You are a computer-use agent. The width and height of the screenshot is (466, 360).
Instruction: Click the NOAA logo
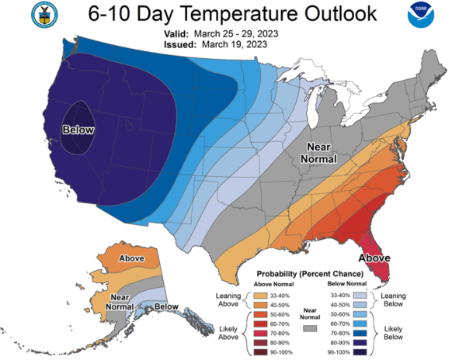click(x=421, y=15)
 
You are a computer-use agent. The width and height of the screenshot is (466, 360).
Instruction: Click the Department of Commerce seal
click(x=44, y=15)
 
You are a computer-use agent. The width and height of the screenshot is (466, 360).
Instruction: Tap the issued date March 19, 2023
click(x=235, y=44)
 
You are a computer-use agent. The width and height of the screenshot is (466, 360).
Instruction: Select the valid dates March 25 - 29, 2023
click(x=236, y=34)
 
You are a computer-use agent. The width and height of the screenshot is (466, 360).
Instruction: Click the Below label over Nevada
click(x=78, y=130)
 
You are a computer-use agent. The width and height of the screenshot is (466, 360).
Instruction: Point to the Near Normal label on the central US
click(x=318, y=153)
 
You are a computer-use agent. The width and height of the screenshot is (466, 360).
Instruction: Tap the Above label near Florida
click(x=374, y=258)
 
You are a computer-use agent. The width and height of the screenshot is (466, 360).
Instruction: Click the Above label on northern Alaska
click(x=131, y=258)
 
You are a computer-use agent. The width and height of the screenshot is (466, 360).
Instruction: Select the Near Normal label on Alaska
click(x=120, y=302)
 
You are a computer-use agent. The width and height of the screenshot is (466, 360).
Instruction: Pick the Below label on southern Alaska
click(x=166, y=306)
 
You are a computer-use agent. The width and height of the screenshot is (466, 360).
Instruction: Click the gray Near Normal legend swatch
click(x=310, y=328)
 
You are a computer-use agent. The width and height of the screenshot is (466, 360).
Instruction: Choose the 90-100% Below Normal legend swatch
click(x=360, y=352)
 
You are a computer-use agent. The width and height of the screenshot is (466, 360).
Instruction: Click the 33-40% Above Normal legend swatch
click(x=260, y=296)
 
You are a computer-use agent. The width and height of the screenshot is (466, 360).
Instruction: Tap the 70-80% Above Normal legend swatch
click(x=260, y=334)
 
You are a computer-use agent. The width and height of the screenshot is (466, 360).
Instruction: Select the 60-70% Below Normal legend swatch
click(x=360, y=324)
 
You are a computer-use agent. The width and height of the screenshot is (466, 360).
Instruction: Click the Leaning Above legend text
click(x=228, y=299)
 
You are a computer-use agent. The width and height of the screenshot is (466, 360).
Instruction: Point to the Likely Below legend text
click(x=393, y=333)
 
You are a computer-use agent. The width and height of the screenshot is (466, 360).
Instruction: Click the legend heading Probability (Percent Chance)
click(x=310, y=274)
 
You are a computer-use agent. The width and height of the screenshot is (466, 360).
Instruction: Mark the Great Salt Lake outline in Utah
click(x=128, y=124)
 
